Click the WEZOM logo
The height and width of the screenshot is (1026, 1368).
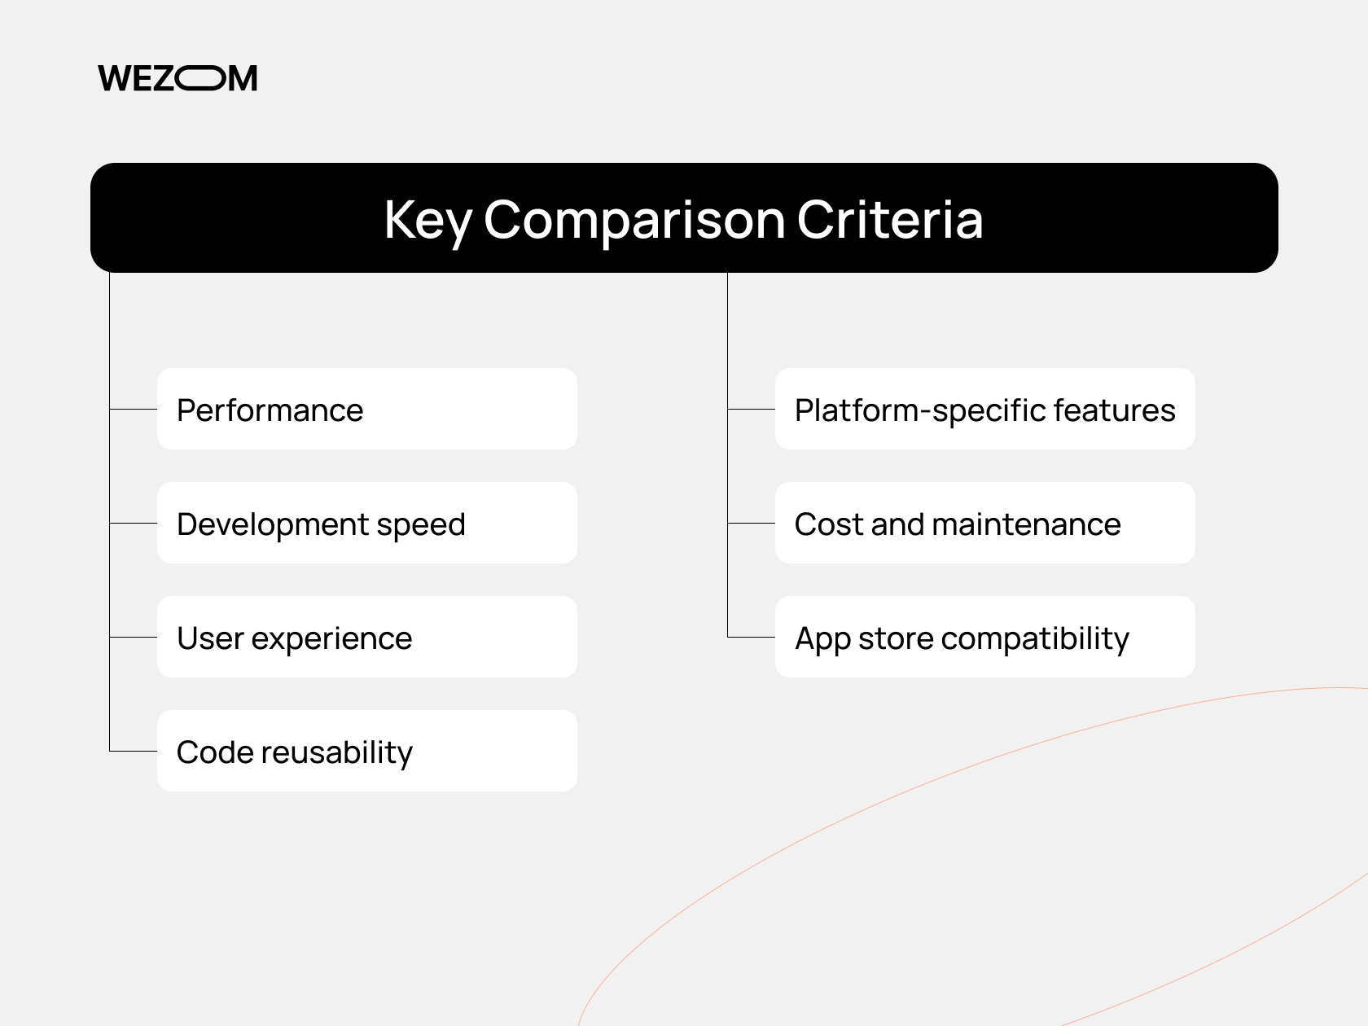tap(178, 78)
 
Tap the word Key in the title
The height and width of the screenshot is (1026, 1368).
tap(427, 220)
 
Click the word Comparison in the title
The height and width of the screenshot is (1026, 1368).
tap(634, 220)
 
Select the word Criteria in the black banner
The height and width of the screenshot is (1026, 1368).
tap(889, 220)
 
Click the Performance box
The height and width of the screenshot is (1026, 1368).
tap(366, 409)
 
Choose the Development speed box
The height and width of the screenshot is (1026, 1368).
tap(366, 523)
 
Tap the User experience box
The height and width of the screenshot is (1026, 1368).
tap(366, 637)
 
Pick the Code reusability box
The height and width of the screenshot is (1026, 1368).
tap(366, 751)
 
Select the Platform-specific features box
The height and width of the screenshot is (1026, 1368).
tap(984, 409)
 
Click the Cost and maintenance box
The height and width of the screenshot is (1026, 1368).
tap(984, 523)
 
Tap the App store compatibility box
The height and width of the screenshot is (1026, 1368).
tap(984, 637)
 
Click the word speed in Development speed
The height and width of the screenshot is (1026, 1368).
tap(421, 526)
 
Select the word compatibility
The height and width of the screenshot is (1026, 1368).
tap(1035, 640)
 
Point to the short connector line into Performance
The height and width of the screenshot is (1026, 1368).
tap(134, 409)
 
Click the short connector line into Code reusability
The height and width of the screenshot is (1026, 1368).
tap(134, 751)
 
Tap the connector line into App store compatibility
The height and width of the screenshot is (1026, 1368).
tap(751, 637)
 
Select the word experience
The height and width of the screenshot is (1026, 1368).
tap(331, 640)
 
